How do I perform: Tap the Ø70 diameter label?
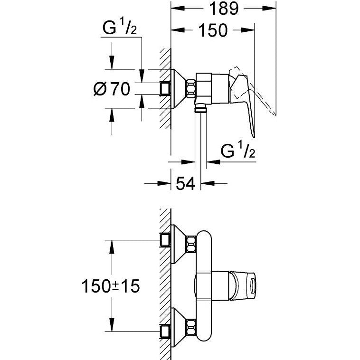(x=112, y=89)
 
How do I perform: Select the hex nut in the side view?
(x=190, y=88)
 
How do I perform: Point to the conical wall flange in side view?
(x=178, y=88)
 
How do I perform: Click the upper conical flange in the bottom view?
(x=178, y=242)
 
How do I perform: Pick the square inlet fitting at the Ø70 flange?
(x=166, y=88)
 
